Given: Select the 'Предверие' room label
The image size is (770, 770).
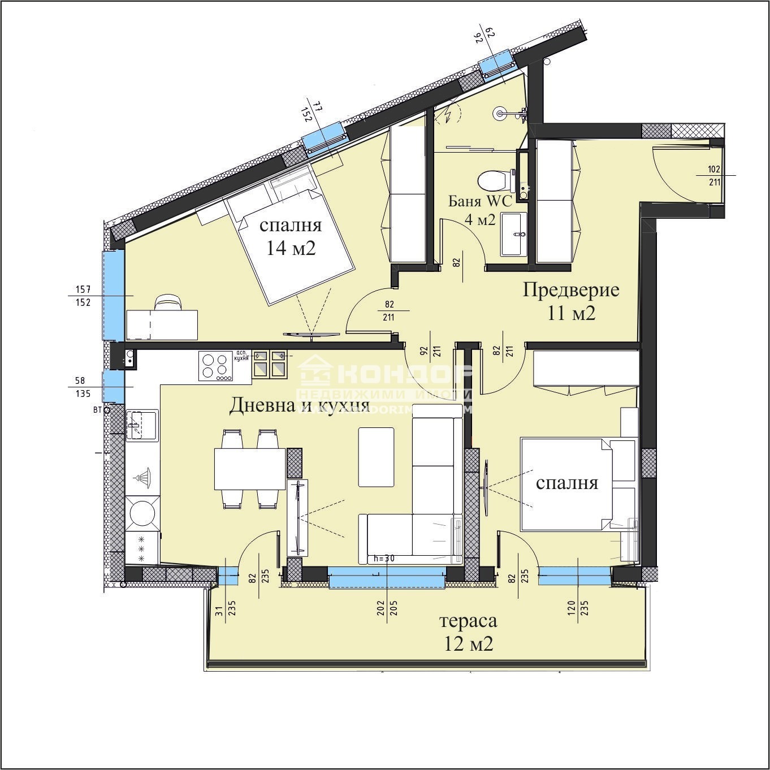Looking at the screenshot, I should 570,290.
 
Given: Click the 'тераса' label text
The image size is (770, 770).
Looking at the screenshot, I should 468,621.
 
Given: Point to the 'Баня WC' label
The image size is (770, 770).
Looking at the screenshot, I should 480,201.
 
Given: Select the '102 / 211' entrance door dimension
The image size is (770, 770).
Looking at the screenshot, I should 714,175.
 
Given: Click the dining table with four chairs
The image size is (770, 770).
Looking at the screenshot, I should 249,469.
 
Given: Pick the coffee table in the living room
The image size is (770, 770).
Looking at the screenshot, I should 376,457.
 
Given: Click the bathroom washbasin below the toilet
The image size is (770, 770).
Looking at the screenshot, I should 513,234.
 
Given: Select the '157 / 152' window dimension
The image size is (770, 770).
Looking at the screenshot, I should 83,296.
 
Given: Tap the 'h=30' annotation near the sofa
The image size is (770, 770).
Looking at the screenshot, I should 384,559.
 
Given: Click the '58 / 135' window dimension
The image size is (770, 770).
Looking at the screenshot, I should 83,387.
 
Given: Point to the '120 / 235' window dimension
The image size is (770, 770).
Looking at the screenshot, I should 578,608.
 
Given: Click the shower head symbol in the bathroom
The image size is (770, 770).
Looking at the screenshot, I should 500,113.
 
